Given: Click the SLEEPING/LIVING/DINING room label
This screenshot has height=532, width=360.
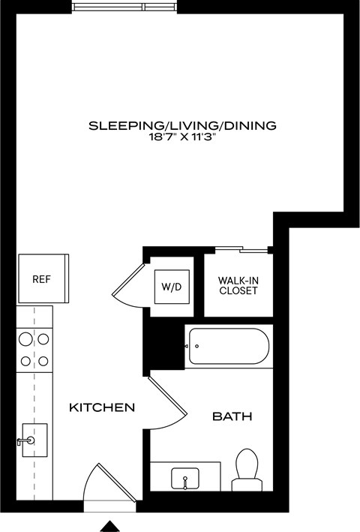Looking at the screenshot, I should coord(182,125).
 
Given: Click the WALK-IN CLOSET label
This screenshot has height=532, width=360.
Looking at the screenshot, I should coord(238,285).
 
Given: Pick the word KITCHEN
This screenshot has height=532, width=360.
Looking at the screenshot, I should coord(102,407).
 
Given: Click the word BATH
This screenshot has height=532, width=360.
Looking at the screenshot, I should coord(232,416).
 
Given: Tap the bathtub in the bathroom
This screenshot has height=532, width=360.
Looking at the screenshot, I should coord(228,347).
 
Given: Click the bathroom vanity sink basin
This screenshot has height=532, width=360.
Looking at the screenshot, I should coord(184,478).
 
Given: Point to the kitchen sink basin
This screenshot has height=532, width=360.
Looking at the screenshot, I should coord(34,440).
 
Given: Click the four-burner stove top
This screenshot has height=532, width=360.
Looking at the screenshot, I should coord(34,350).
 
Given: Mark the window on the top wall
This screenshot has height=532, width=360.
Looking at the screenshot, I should coord(124,8).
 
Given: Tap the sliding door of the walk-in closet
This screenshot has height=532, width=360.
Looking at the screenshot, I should coord(241,248).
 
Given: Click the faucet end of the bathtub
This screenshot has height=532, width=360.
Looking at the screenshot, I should coord(190,347).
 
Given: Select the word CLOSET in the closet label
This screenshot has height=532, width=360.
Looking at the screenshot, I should coord(238,290).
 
